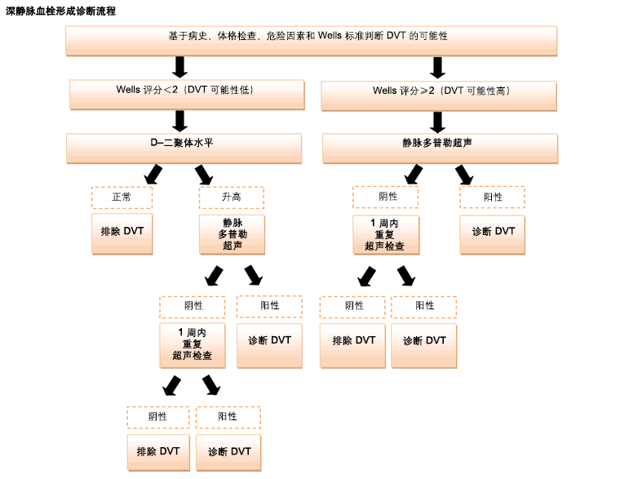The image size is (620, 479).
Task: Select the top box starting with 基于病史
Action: pos(311,40)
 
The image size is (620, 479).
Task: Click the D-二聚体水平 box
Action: pos(184,147)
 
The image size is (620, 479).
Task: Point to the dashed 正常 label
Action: pos(122,197)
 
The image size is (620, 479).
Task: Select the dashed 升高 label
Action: pos(232,197)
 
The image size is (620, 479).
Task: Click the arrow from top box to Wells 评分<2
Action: pos(180,67)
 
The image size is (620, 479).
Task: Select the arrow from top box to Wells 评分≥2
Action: pos(438,67)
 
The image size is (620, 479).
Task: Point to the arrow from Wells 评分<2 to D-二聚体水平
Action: pos(180,121)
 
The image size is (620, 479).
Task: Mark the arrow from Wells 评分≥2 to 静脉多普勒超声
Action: pos(438,121)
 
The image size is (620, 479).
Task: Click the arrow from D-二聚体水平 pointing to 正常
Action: pos(152,174)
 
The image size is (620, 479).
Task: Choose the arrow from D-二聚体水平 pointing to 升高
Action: pos(203,174)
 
